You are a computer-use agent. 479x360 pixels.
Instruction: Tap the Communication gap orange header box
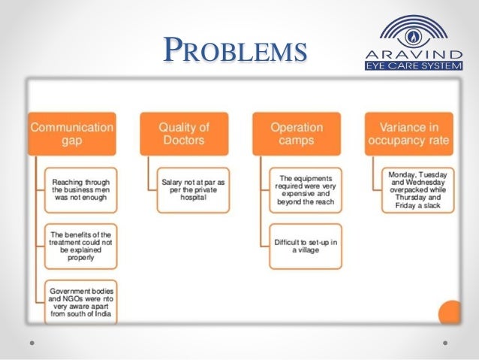pyautogui.click(x=72, y=135)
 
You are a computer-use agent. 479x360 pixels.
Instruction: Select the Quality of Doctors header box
pyautogui.click(x=184, y=135)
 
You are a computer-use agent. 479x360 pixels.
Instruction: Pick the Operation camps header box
pyautogui.click(x=297, y=135)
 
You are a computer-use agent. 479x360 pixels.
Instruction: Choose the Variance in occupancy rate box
pyautogui.click(x=408, y=135)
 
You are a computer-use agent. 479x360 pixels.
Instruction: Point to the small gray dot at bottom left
pyautogui.click(x=32, y=343)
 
